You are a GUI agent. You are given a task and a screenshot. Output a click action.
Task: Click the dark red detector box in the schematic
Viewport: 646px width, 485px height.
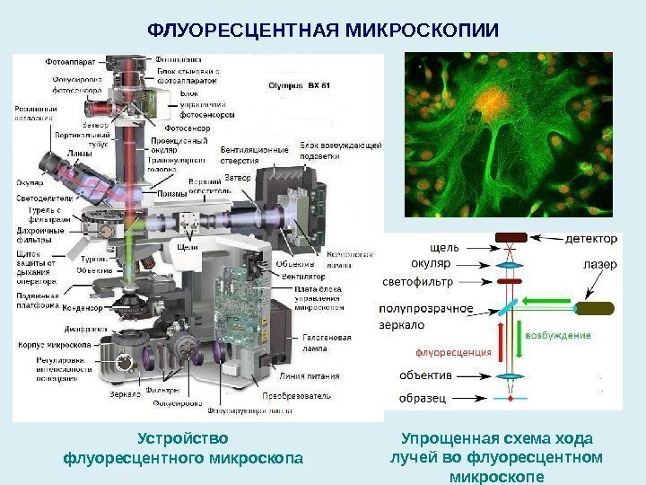pyautogui.click(x=511, y=238)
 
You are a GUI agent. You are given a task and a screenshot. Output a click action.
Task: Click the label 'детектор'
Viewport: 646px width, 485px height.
pyautogui.click(x=591, y=239)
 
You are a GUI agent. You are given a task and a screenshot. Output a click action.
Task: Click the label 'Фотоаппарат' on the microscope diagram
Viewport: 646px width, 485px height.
pyautogui.click(x=73, y=62)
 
